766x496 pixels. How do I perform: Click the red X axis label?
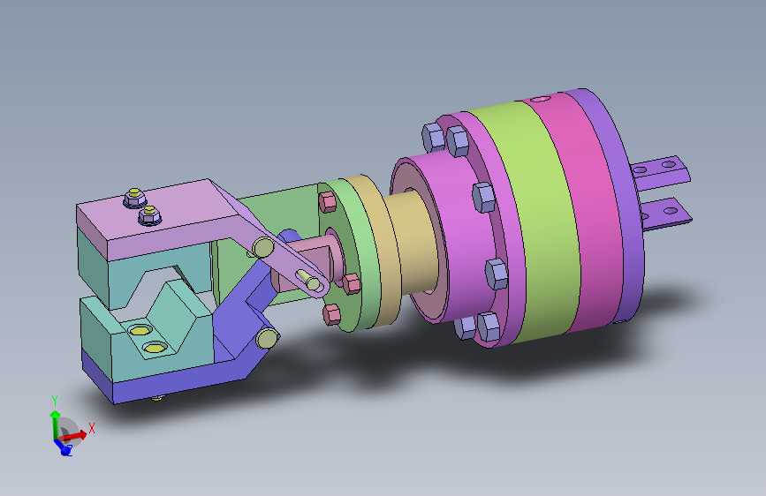(x=91, y=428)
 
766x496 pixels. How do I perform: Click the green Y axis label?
(x=55, y=401)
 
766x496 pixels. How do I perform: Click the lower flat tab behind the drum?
(x=665, y=214)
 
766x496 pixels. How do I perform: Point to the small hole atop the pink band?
(x=541, y=99)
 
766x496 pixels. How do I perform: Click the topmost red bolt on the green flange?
(x=327, y=201)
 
